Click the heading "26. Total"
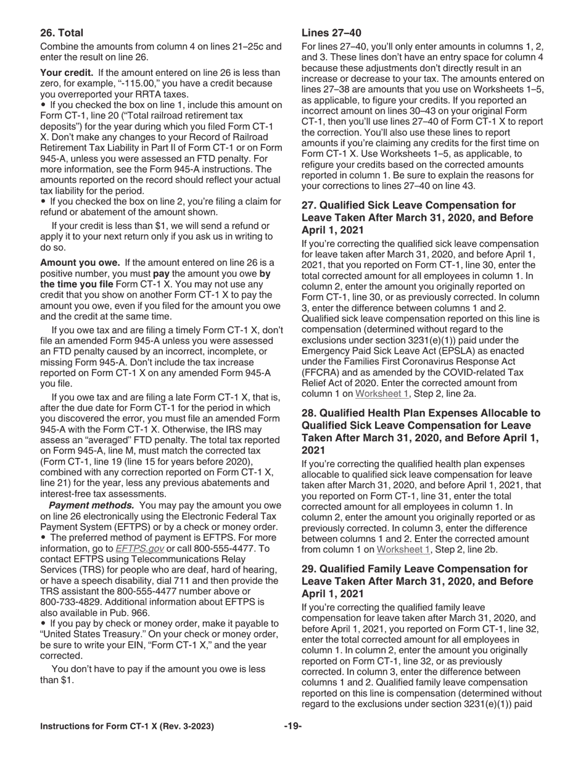click(62, 33)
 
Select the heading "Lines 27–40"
click(331, 33)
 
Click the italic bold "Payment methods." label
click(91, 505)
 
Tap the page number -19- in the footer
click(293, 726)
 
